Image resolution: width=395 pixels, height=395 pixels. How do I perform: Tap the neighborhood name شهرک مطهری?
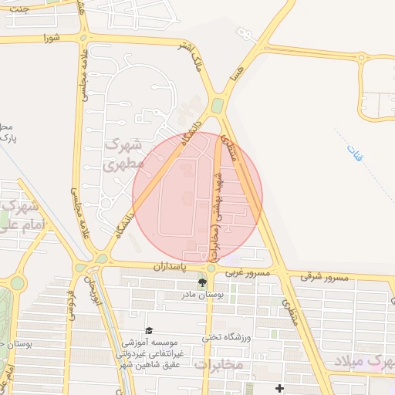[123, 154]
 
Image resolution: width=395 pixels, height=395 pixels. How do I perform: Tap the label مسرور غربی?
[248, 273]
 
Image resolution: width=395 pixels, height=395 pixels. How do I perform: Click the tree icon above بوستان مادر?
[202, 282]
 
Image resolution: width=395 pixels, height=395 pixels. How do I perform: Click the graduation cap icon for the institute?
[149, 330]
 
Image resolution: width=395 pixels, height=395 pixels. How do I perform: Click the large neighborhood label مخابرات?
[218, 363]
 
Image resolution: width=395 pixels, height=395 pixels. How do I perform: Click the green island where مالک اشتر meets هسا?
[218, 106]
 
